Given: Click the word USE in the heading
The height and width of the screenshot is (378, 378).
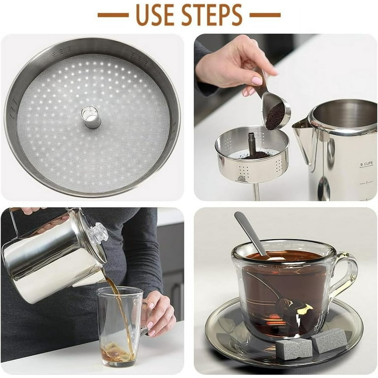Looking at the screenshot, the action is (x=155, y=15).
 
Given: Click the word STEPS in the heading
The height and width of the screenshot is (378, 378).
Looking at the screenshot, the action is (x=212, y=15).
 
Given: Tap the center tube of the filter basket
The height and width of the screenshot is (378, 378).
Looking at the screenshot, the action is (x=91, y=117).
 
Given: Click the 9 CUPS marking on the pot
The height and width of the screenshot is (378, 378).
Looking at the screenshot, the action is (x=366, y=164).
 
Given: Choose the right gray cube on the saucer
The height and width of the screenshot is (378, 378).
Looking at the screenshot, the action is (x=329, y=340).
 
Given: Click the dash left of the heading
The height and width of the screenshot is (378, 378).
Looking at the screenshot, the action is (x=113, y=15).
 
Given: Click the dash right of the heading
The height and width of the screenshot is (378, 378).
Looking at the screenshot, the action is (x=265, y=15).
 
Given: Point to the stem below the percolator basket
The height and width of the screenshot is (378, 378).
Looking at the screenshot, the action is (x=256, y=191).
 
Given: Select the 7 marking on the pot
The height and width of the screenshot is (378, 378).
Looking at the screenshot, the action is (x=366, y=183).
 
